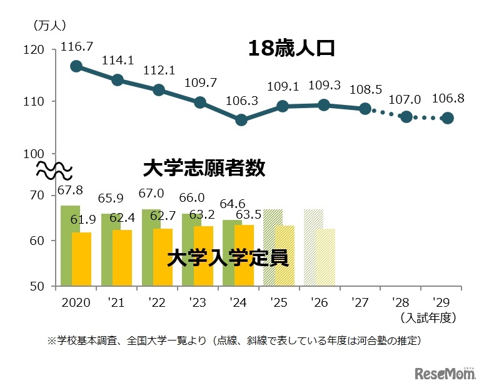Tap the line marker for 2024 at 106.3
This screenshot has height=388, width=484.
tap(241, 120)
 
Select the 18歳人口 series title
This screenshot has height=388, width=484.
tap(291, 49)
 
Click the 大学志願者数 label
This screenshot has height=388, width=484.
tap(204, 168)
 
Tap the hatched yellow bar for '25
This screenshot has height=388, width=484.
tap(285, 256)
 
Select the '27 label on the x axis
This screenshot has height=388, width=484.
tap(360, 302)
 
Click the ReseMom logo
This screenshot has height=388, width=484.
tap(443, 373)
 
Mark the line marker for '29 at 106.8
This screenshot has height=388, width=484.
tap(448, 118)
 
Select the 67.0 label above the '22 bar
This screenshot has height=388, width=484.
tap(154, 194)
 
